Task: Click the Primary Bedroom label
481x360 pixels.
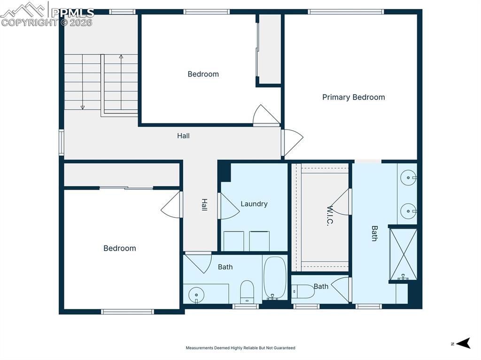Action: pyautogui.click(x=353, y=97)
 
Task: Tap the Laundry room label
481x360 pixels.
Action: pyautogui.click(x=254, y=204)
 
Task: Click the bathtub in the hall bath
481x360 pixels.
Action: pyautogui.click(x=275, y=277)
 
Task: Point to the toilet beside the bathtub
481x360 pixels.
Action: pyautogui.click(x=247, y=291)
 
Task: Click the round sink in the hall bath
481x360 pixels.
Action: pyautogui.click(x=196, y=295)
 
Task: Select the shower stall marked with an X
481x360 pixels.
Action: pyautogui.click(x=403, y=254)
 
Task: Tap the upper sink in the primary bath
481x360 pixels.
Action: pyautogui.click(x=409, y=178)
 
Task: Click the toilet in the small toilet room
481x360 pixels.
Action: pyautogui.click(x=304, y=291)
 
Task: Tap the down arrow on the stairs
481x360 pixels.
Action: pyautogui.click(x=83, y=107)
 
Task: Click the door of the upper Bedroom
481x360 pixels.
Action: pyautogui.click(x=265, y=115)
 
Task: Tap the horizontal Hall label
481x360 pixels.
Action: pyautogui.click(x=183, y=136)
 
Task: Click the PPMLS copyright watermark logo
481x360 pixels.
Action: pyautogui.click(x=47, y=14)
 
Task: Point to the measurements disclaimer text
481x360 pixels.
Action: pyautogui.click(x=240, y=348)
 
